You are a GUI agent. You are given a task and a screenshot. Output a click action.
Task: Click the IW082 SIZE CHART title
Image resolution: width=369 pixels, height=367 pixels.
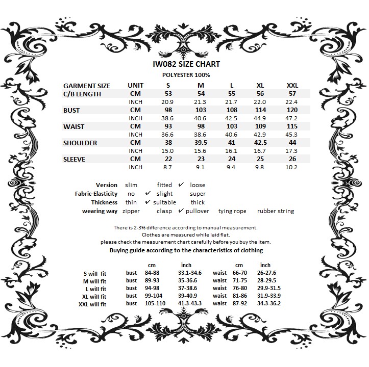pyautogui.click(x=186, y=64)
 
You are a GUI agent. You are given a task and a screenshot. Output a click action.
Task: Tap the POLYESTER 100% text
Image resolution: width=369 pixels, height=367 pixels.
pyautogui.click(x=186, y=75)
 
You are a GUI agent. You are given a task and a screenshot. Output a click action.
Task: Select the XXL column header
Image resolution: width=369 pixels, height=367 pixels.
pyautogui.click(x=292, y=86)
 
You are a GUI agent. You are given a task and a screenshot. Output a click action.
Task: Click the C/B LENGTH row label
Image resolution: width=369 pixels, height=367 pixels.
pyautogui.click(x=82, y=94)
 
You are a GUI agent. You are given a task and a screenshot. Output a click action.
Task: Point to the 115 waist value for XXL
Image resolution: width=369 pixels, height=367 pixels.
pyautogui.click(x=292, y=126)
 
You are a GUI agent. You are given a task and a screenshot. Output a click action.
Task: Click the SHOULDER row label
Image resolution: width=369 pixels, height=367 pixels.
pyautogui.click(x=80, y=143)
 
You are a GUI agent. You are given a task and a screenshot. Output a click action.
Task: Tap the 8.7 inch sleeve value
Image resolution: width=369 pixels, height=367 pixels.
pyautogui.click(x=168, y=167)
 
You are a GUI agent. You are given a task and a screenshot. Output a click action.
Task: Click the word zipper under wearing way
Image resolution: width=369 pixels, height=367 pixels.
pyautogui.click(x=131, y=211)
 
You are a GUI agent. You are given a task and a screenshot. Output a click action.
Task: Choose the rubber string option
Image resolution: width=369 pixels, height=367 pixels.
pyautogui.click(x=276, y=211)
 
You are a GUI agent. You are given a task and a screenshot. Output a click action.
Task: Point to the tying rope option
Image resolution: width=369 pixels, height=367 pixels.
pyautogui.click(x=232, y=211)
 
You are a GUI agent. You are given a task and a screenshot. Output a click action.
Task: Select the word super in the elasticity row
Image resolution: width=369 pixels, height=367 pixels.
pyautogui.click(x=198, y=194)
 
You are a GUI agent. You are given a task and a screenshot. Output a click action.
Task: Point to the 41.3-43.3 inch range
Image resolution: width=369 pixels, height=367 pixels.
pyautogui.click(x=190, y=304)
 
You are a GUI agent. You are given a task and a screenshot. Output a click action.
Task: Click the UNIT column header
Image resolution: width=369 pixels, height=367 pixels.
pyautogui.click(x=135, y=86)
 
